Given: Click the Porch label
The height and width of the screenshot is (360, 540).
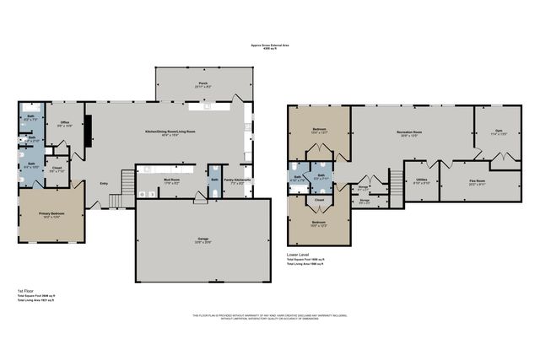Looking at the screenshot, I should click(x=203, y=84).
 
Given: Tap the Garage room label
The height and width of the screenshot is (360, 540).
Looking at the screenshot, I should click(x=203, y=239).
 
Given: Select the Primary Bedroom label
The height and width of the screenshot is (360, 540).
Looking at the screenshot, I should click(x=51, y=215).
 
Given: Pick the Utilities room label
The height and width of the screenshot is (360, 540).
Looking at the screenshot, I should click(x=422, y=180).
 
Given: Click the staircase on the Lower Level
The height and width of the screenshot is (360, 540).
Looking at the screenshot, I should click(x=395, y=181).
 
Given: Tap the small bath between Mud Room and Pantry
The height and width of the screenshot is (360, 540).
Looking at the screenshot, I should click(x=215, y=180).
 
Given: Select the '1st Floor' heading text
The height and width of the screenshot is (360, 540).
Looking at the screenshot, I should click(x=25, y=291).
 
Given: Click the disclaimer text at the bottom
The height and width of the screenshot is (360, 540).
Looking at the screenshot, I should click(x=269, y=317).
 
